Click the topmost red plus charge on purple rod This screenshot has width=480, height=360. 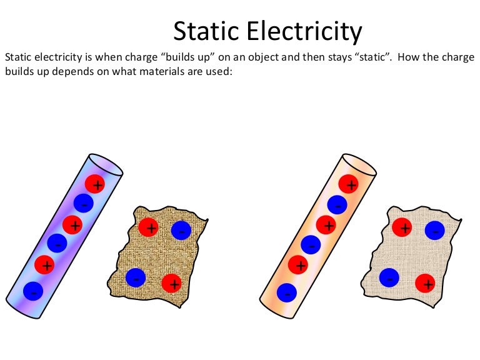click(x=95, y=184)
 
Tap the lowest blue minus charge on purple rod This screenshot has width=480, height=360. click(x=33, y=291)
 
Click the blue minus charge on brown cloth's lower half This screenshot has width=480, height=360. click(x=136, y=277)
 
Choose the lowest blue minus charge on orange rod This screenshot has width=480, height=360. click(x=286, y=292)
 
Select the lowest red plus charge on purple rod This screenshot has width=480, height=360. click(x=44, y=265)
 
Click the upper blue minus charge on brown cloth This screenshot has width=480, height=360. click(x=181, y=230)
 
